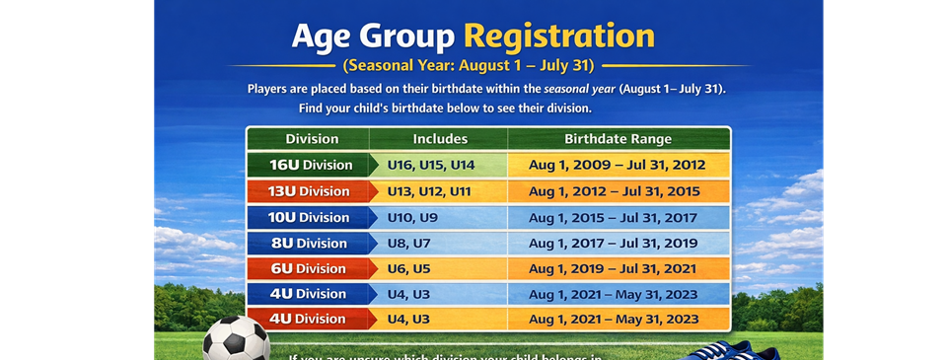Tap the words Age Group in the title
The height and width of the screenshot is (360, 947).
(x=373, y=36)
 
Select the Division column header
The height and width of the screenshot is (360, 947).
(x=312, y=139)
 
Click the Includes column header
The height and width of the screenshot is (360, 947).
(x=440, y=139)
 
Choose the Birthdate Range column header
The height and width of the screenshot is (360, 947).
(x=618, y=139)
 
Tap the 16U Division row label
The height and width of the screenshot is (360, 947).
(x=310, y=165)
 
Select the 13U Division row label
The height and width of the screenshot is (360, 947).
(x=310, y=190)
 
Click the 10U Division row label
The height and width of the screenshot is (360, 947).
(x=310, y=217)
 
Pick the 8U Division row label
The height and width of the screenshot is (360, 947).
(x=310, y=243)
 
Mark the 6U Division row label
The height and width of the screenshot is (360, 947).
(x=310, y=268)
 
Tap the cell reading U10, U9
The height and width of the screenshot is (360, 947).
(x=413, y=217)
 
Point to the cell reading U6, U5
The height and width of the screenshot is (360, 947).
(x=409, y=268)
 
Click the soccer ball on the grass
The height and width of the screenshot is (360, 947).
(x=237, y=339)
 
